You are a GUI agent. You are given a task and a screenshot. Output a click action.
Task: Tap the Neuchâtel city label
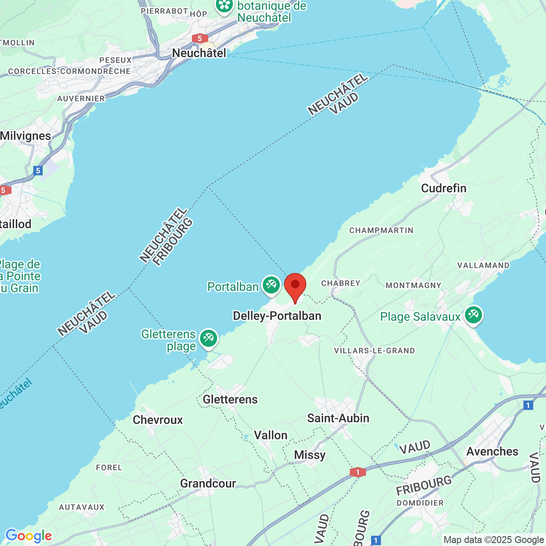pyautogui.click(x=199, y=53)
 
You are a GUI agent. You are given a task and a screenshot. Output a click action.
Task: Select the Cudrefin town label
pyautogui.click(x=444, y=188)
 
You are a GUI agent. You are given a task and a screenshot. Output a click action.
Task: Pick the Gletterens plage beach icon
pyautogui.click(x=208, y=338)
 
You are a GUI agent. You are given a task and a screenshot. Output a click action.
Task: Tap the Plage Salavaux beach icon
pyautogui.click(x=473, y=315)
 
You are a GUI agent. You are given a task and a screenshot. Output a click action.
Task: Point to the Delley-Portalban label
pyautogui.click(x=277, y=316)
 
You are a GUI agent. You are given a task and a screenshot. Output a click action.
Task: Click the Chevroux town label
pyautogui.click(x=158, y=420)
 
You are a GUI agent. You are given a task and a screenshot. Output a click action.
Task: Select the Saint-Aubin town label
pyautogui.click(x=338, y=418)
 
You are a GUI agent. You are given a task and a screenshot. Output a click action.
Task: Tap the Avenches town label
pyautogui.click(x=492, y=451)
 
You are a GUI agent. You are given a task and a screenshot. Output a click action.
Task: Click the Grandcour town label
pyautogui.click(x=208, y=483)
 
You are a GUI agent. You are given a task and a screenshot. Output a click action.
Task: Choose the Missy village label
pyautogui.click(x=310, y=455)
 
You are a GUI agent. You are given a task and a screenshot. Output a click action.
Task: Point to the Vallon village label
pyautogui.click(x=270, y=435)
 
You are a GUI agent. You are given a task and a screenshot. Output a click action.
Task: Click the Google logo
pyautogui.click(x=29, y=536)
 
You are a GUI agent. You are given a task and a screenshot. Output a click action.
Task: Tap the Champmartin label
pyautogui.click(x=381, y=230)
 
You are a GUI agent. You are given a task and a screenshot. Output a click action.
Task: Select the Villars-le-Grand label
pyautogui.click(x=374, y=351)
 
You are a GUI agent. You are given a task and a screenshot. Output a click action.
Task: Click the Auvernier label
pyautogui.click(x=81, y=99)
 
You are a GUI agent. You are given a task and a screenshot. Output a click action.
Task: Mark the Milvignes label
pyautogui.click(x=26, y=136)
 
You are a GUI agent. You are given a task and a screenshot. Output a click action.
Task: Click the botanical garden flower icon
pyautogui.click(x=224, y=6)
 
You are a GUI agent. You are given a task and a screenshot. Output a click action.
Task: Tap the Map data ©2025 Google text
pyautogui.click(x=494, y=540)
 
